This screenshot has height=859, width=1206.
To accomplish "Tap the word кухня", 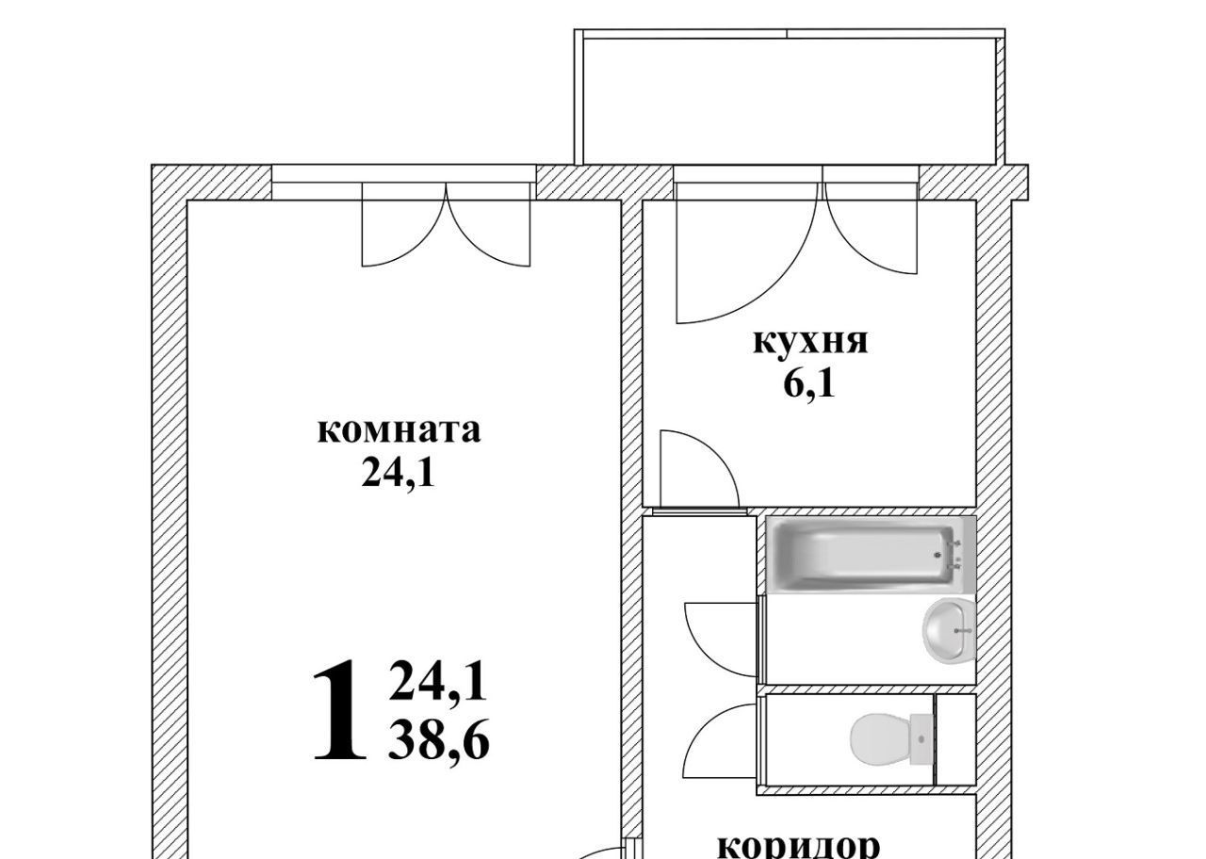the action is click(x=810, y=344).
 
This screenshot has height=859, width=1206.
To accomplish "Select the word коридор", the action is click(x=799, y=846).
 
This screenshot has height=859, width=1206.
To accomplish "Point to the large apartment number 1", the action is click(x=339, y=710).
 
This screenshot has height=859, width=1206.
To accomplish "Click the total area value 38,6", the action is click(x=438, y=739).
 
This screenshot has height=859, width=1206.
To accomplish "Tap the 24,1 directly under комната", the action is click(x=398, y=474).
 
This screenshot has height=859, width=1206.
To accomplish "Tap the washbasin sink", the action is click(x=949, y=629).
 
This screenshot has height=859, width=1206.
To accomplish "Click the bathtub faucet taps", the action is click(x=955, y=555).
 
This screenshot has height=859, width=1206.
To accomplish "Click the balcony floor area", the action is click(x=790, y=101).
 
